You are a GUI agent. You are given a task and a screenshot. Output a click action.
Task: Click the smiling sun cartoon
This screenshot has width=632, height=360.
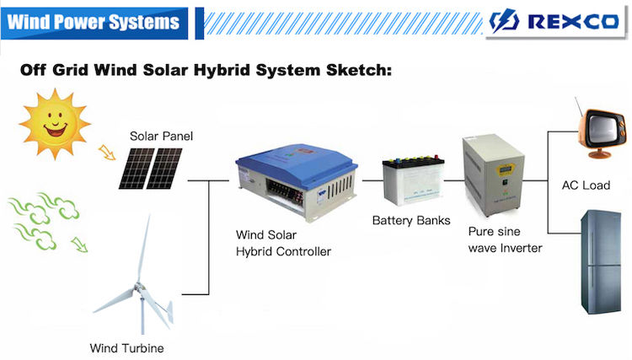(x=55, y=124)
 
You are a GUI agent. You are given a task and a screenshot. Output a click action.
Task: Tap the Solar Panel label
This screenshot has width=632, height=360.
(x=161, y=137)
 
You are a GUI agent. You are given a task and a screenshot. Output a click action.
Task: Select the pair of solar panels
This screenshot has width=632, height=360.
(x=150, y=169)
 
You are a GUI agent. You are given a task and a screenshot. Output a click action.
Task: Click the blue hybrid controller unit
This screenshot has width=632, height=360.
(x=297, y=182)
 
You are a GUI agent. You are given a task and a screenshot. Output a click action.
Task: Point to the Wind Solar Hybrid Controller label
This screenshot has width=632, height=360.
(x=283, y=243)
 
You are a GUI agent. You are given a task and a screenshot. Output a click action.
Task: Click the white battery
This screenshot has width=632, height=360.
(x=413, y=180)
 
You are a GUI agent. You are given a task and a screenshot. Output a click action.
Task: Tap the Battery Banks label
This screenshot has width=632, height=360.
(x=411, y=221)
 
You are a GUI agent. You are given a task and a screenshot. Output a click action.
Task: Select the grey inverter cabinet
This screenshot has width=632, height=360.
(x=493, y=175)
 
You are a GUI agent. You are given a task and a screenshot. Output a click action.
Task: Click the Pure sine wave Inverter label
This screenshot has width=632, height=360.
(x=505, y=239)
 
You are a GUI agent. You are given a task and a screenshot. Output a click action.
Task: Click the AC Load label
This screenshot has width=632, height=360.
(x=586, y=185)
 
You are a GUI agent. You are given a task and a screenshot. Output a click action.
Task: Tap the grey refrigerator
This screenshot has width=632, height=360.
(x=601, y=261)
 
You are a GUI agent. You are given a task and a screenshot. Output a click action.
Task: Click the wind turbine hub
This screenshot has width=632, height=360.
(x=139, y=287)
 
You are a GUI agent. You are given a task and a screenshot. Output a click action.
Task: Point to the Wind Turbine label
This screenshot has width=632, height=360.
(x=127, y=348)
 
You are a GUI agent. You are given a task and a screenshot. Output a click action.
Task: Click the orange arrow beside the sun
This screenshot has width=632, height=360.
(x=107, y=153)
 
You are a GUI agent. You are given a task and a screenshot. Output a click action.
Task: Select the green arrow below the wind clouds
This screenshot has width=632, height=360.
(x=79, y=244)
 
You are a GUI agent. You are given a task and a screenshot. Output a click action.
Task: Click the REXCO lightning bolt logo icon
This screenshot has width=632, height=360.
(x=503, y=20)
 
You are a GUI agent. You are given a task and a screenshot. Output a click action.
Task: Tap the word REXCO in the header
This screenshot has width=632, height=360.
(x=573, y=21)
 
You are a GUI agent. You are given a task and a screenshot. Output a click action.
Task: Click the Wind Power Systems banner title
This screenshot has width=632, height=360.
(x=93, y=22)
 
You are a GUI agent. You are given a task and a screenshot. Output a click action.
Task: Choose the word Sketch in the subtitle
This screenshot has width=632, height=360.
(x=359, y=70)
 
